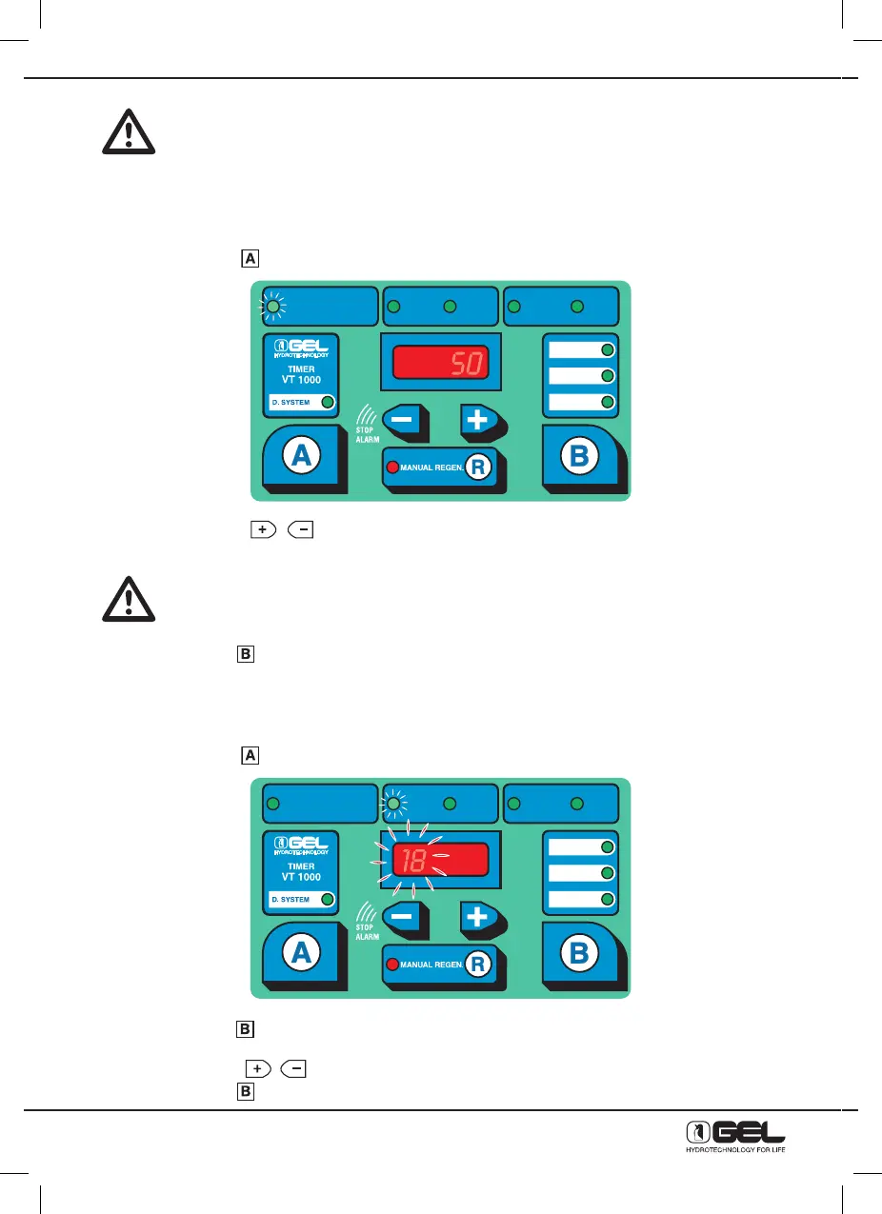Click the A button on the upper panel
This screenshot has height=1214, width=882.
point(300,456)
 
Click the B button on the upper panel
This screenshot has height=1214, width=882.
point(578,456)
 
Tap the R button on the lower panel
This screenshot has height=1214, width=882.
point(478,965)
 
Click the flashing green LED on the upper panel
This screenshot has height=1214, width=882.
point(273,307)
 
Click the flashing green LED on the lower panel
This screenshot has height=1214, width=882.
point(393,804)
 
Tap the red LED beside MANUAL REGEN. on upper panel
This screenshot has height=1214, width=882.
point(391,467)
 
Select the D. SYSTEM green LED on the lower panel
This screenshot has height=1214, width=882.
point(327,899)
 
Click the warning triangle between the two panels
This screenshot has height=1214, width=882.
point(130,601)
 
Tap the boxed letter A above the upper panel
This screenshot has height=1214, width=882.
point(249,258)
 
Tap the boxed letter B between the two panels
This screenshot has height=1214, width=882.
point(245,654)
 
